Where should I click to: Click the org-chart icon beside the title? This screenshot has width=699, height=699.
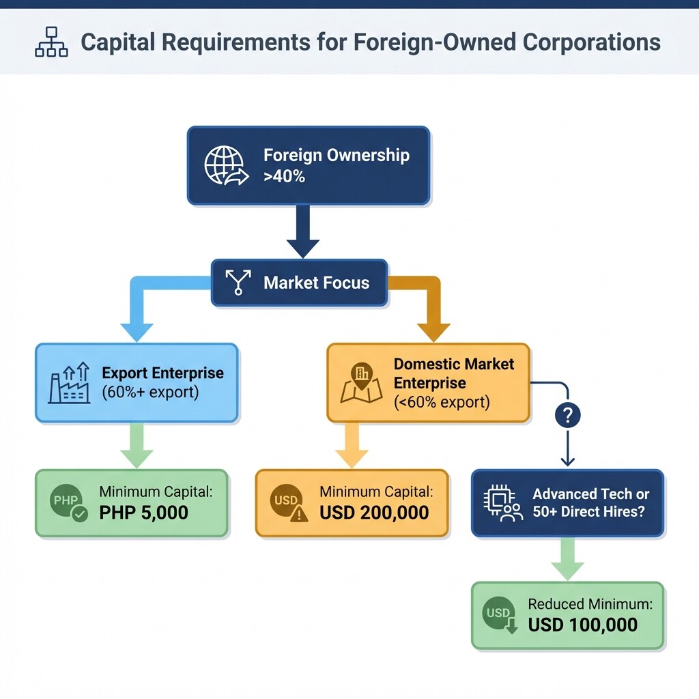click(51, 42)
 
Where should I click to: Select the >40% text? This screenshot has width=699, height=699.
click(284, 177)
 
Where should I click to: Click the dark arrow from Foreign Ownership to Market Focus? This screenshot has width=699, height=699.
click(303, 232)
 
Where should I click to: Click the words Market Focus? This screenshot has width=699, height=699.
click(316, 283)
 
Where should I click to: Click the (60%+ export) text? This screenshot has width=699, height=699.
click(150, 393)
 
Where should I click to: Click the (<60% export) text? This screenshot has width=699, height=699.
click(442, 401)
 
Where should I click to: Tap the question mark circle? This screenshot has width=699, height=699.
click(568, 414)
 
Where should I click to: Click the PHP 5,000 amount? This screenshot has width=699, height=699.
click(143, 512)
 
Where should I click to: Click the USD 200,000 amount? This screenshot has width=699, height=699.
click(374, 512)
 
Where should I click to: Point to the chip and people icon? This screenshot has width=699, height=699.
click(502, 503)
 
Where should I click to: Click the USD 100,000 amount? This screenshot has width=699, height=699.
click(582, 624)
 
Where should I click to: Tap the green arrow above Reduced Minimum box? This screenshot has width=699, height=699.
click(567, 558)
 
